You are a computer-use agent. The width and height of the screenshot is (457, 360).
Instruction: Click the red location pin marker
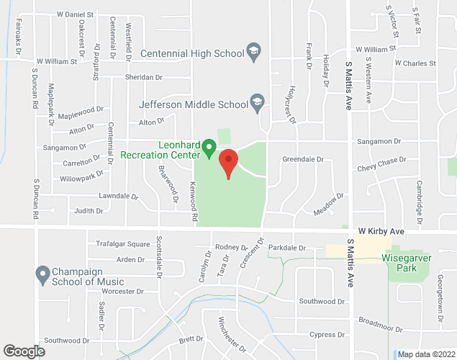click(228, 163)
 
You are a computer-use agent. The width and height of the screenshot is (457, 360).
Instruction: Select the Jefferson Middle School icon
click(256, 104)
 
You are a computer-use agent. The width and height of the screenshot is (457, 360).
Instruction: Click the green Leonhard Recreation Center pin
click(209, 148)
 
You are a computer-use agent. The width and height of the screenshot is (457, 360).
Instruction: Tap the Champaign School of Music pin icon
click(42, 274)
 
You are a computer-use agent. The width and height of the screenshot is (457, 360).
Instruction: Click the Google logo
click(23, 351)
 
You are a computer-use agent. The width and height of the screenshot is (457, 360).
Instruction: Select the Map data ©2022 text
click(425, 354)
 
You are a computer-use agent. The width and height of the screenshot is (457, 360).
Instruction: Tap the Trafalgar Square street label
click(123, 244)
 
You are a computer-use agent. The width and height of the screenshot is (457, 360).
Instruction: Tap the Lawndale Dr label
click(119, 195)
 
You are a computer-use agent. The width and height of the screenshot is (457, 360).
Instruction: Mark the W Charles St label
click(415, 63)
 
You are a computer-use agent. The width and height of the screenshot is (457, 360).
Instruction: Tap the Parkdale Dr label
click(286, 248)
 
